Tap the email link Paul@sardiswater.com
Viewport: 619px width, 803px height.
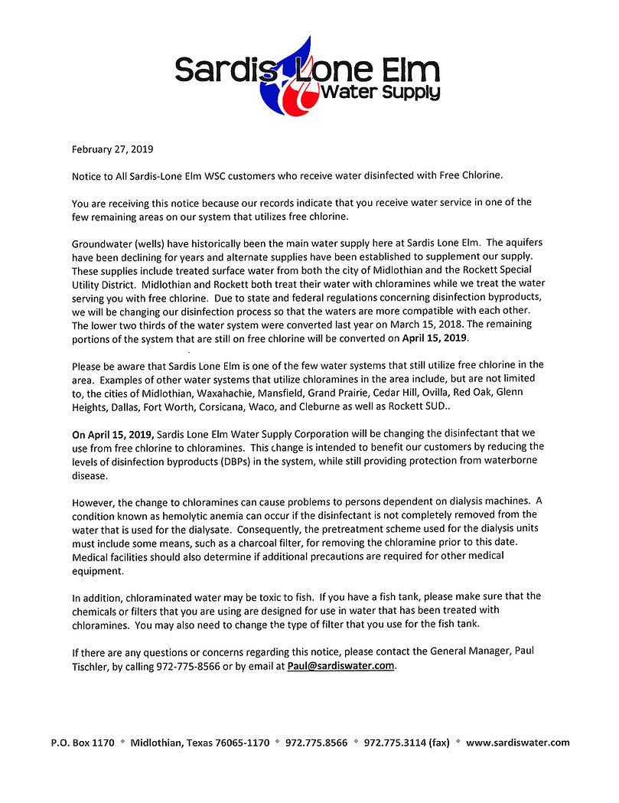pyautogui.click(x=341, y=666)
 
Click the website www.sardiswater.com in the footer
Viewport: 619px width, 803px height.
pyautogui.click(x=517, y=743)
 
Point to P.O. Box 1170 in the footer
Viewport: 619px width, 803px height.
pyautogui.click(x=82, y=743)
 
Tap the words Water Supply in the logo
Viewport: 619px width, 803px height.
pyautogui.click(x=380, y=93)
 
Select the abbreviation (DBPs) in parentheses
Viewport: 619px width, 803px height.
pyautogui.click(x=266, y=461)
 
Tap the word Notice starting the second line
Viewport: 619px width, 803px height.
pyautogui.click(x=86, y=176)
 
